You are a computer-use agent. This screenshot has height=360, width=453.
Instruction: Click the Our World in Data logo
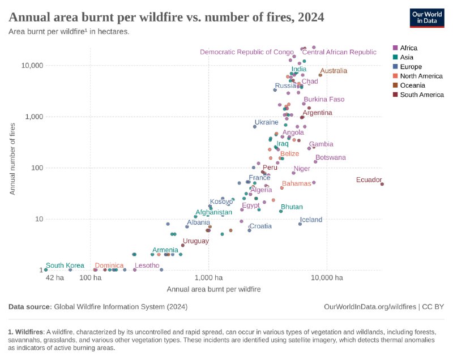click(x=427, y=18)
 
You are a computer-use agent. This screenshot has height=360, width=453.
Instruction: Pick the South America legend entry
click(x=421, y=95)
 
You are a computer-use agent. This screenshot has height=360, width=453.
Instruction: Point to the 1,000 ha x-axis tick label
click(x=208, y=278)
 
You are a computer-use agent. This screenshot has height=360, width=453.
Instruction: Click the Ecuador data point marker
click(x=382, y=184)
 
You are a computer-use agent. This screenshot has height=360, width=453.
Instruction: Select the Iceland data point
click(x=300, y=224)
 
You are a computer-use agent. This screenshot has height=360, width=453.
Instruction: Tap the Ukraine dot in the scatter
click(x=255, y=127)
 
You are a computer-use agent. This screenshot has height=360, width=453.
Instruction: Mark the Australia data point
click(x=320, y=75)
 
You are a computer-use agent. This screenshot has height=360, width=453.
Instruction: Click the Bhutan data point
click(x=281, y=211)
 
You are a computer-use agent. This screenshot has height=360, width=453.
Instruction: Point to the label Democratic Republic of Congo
click(x=247, y=52)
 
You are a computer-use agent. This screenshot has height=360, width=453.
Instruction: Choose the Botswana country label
click(x=330, y=158)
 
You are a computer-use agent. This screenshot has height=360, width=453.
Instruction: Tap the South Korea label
click(x=65, y=265)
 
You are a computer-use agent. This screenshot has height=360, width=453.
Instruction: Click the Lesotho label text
click(x=147, y=265)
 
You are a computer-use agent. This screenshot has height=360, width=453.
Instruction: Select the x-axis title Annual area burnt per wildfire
click(x=213, y=289)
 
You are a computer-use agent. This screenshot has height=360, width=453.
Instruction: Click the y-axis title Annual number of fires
click(x=12, y=158)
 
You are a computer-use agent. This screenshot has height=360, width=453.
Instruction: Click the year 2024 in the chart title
click(x=308, y=17)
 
